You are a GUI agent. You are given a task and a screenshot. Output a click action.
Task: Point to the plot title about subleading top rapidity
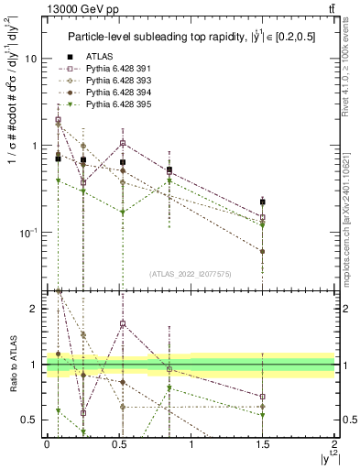[191, 37]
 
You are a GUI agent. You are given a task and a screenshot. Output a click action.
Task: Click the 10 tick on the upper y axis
[32, 59]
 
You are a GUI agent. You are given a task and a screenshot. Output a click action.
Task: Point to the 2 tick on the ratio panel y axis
[36, 309]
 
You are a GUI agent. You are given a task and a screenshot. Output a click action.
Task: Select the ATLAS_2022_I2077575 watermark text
[190, 274]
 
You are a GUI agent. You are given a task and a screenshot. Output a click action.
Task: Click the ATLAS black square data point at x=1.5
[263, 202]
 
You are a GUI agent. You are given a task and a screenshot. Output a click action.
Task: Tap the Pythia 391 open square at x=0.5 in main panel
[123, 143]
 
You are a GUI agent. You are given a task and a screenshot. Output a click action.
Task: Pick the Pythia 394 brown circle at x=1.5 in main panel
[263, 251]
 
